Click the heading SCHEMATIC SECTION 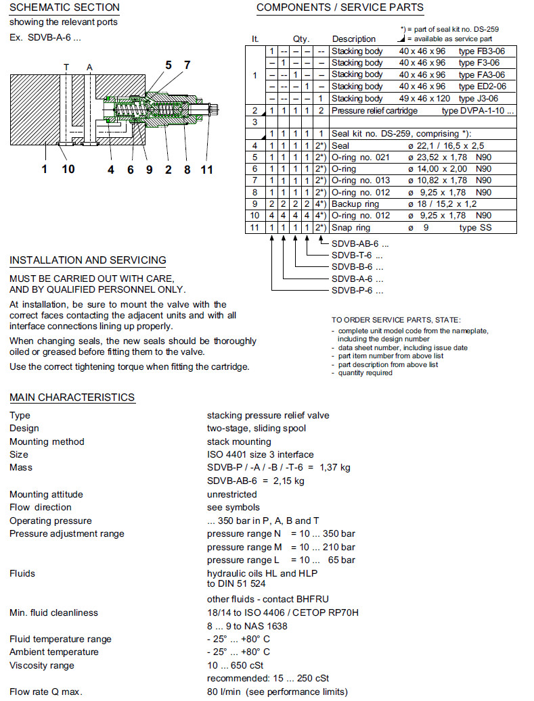(64, 7)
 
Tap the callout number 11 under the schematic (207, 169)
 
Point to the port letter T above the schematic (66, 67)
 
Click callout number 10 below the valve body (68, 169)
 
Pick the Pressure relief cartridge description (374, 111)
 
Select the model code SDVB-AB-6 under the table (355, 243)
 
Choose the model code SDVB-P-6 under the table (357, 291)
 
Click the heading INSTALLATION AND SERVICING (87, 260)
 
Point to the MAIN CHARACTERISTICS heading (72, 397)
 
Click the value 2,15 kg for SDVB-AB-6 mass (289, 481)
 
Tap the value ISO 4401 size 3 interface (260, 454)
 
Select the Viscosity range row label (42, 665)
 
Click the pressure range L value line (281, 560)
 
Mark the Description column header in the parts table (353, 39)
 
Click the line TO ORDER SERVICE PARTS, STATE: (396, 320)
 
